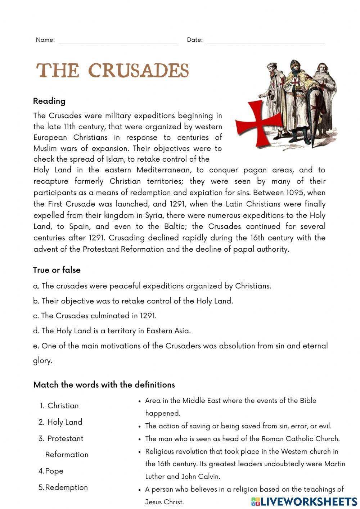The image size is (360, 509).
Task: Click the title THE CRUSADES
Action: (113, 71)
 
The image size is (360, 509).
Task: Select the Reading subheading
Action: (49, 101)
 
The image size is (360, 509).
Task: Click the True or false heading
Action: (57, 270)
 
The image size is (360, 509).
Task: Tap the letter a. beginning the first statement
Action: (36, 286)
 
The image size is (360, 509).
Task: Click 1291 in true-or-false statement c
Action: (148, 316)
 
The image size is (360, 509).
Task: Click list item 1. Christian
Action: (59, 406)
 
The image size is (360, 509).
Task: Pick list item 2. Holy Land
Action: (61, 422)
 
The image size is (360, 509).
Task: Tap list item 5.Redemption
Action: (63, 487)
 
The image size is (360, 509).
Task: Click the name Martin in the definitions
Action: (334, 464)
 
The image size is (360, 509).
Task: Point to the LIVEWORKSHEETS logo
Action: (304, 501)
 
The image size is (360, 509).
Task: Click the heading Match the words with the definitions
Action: (104, 385)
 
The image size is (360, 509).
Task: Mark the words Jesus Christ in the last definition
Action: (165, 502)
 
